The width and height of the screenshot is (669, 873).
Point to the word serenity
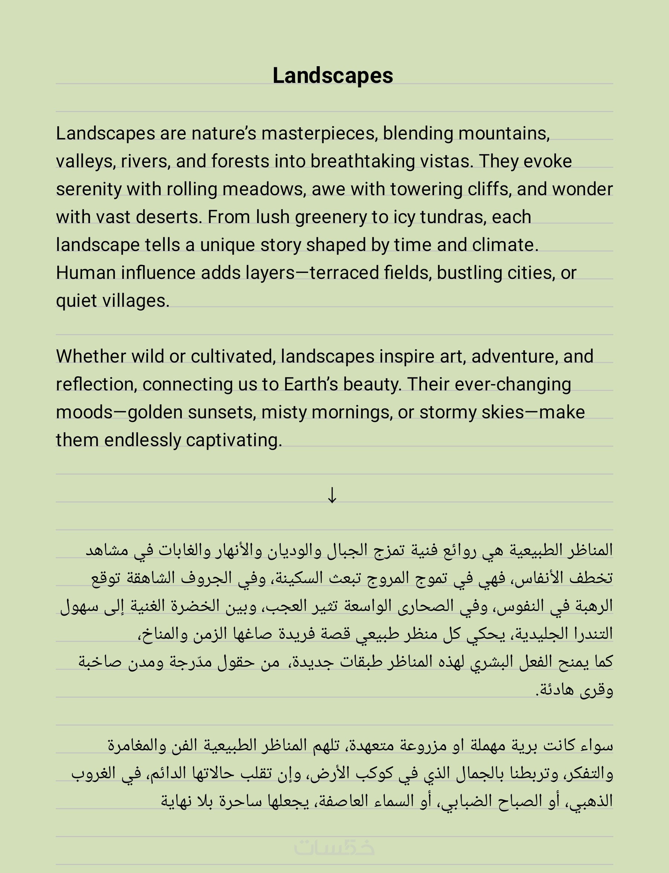pos(88,190)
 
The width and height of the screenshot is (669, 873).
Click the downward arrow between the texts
pos(332,496)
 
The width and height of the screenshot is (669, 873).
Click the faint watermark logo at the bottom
pos(334,847)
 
